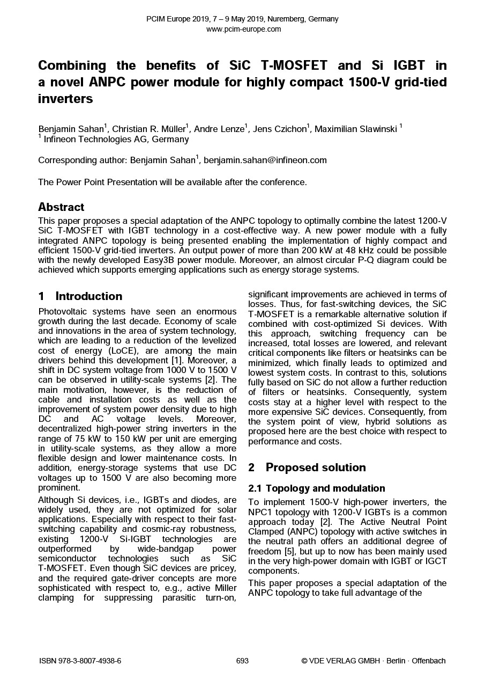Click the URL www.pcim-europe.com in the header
[x=243, y=29]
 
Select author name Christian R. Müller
[x=149, y=129]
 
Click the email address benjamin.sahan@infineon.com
[x=265, y=160]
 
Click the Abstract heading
[x=61, y=207]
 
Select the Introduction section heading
[x=88, y=296]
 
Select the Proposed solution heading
[x=315, y=467]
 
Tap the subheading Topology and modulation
[x=325, y=488]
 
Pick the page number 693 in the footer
[x=242, y=661]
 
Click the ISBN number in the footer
[x=80, y=661]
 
